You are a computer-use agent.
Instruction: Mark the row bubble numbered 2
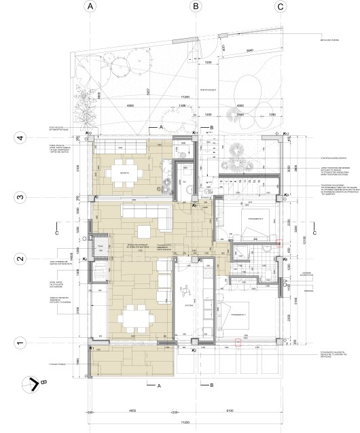coord(20,259)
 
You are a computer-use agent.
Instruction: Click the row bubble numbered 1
coord(20,343)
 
